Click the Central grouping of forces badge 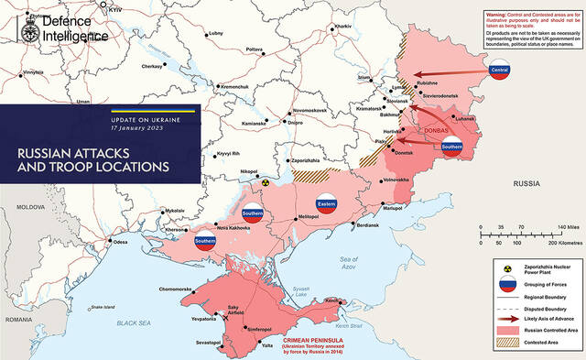(x=500, y=71)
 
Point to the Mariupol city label (x=392, y=207)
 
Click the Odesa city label (x=119, y=242)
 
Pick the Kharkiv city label (x=342, y=27)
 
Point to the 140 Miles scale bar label (x=564, y=225)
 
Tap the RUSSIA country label (x=527, y=184)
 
